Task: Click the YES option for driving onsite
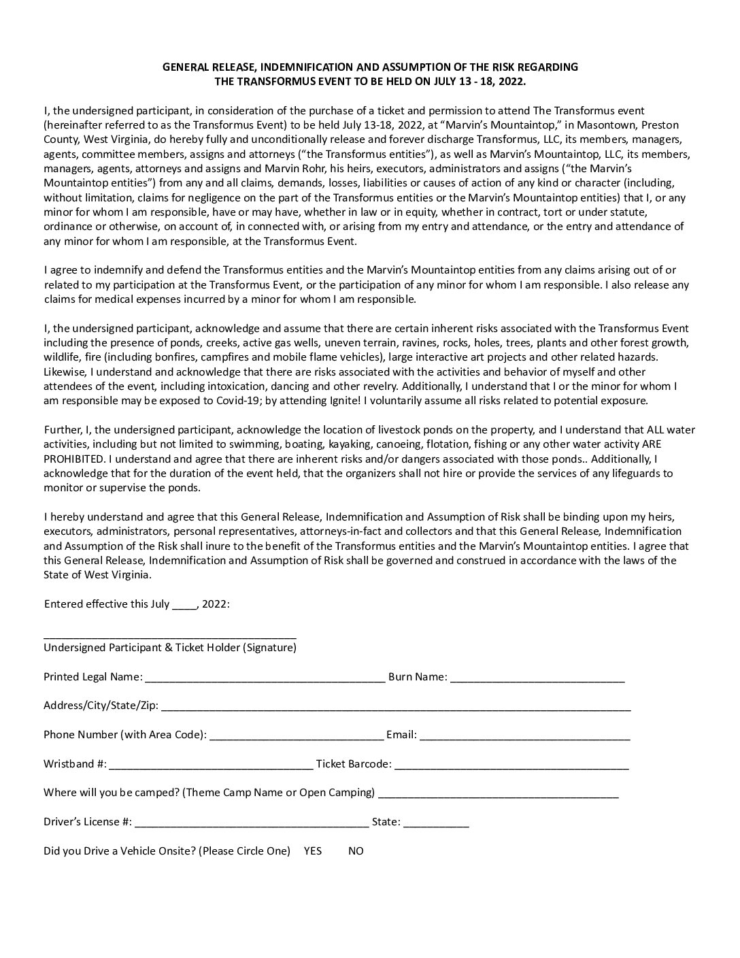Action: tap(312, 850)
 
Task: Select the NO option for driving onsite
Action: tap(356, 850)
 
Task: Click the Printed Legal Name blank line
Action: tap(265, 678)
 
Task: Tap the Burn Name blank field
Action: tap(537, 678)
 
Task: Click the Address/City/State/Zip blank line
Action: tap(395, 708)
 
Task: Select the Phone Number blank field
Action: tap(297, 737)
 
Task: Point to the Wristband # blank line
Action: tap(211, 766)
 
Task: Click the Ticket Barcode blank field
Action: tap(511, 766)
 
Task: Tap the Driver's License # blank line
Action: tap(252, 824)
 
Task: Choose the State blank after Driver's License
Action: tap(436, 824)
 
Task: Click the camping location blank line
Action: tap(498, 795)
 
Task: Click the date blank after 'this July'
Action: tap(184, 606)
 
